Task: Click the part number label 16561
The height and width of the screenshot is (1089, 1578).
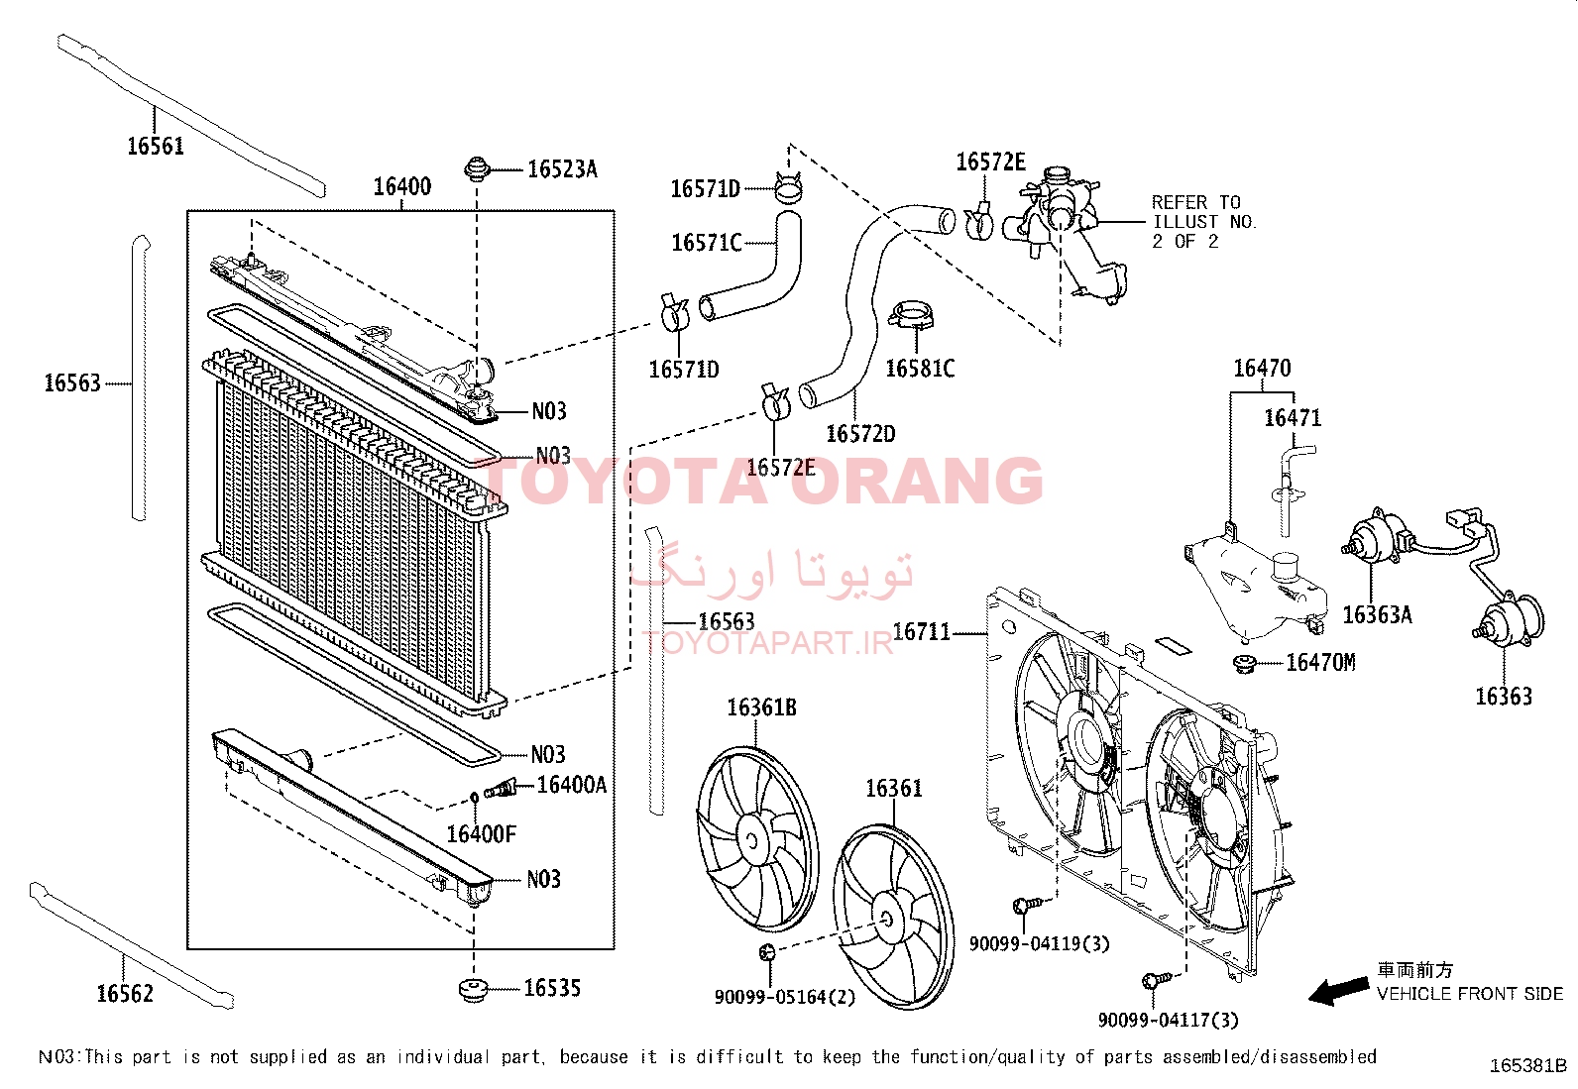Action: (156, 146)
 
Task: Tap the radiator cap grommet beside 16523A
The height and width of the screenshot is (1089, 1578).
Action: (477, 169)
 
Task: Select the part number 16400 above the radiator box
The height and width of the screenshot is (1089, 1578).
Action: (401, 186)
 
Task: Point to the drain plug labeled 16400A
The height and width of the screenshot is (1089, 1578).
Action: (501, 788)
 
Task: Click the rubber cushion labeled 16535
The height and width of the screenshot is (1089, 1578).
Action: (474, 990)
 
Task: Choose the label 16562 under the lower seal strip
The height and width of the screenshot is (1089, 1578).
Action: (125, 993)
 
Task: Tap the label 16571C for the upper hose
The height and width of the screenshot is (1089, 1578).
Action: (707, 243)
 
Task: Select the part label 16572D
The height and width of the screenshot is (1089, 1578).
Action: (860, 434)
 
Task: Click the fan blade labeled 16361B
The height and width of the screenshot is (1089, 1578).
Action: (757, 839)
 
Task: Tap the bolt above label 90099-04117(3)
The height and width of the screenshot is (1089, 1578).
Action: (1156, 979)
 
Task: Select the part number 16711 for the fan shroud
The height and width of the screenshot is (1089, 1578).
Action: (922, 632)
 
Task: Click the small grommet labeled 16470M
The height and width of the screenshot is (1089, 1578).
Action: (1245, 664)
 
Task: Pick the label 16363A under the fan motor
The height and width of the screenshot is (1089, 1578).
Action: (1377, 615)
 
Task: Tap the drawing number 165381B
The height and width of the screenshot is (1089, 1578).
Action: (1527, 1066)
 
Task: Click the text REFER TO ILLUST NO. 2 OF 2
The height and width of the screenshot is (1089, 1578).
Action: (1203, 222)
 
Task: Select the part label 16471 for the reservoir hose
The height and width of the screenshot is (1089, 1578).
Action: (1293, 418)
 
